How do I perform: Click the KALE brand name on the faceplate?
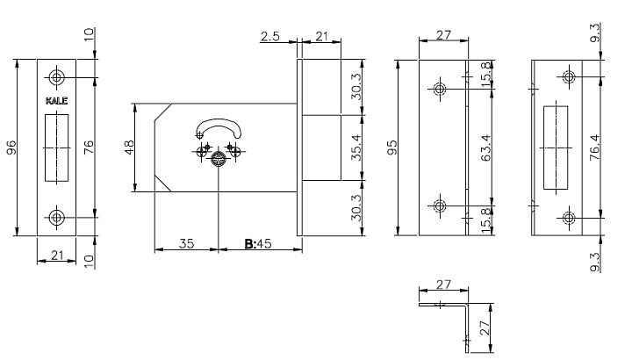click(x=56, y=101)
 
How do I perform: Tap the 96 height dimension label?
click(x=11, y=148)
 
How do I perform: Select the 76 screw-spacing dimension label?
click(x=89, y=147)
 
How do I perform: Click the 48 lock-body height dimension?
click(x=129, y=148)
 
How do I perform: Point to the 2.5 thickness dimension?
click(x=270, y=37)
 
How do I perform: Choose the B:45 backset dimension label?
click(x=258, y=244)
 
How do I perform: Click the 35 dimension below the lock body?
click(x=187, y=243)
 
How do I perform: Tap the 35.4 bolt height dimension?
click(x=355, y=148)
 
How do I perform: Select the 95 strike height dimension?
click(x=391, y=148)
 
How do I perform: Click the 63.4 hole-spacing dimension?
click(x=486, y=148)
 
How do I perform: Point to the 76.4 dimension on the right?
click(x=594, y=148)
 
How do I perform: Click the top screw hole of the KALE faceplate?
click(x=56, y=77)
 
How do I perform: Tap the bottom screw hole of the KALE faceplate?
click(x=56, y=218)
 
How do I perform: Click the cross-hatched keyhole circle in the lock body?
click(x=218, y=159)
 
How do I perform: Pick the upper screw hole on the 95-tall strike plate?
click(x=440, y=89)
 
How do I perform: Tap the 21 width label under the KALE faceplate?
click(x=57, y=256)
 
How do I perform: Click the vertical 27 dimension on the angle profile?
click(x=485, y=328)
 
